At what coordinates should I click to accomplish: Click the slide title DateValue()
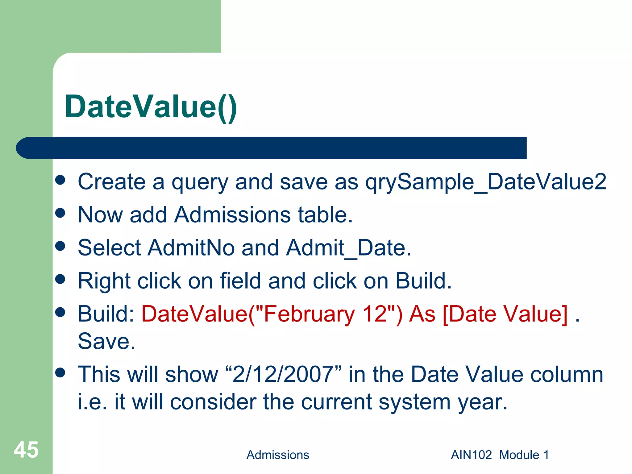pos(151,106)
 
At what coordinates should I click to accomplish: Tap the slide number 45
pos(26,450)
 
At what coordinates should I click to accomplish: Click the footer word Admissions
pos(277,455)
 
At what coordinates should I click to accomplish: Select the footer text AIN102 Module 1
pos(500,455)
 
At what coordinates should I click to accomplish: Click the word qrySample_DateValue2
pos(486,182)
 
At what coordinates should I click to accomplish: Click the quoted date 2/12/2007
pos(283,374)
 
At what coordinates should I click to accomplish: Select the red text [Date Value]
pos(505,314)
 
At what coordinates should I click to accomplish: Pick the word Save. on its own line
pos(106,342)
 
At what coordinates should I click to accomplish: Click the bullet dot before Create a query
pos(60,180)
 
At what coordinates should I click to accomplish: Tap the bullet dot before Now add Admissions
pos(60,213)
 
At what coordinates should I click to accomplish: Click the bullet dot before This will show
pos(60,372)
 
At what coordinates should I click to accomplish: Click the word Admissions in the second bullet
pos(232,215)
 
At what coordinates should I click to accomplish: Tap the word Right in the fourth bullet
pos(104,281)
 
